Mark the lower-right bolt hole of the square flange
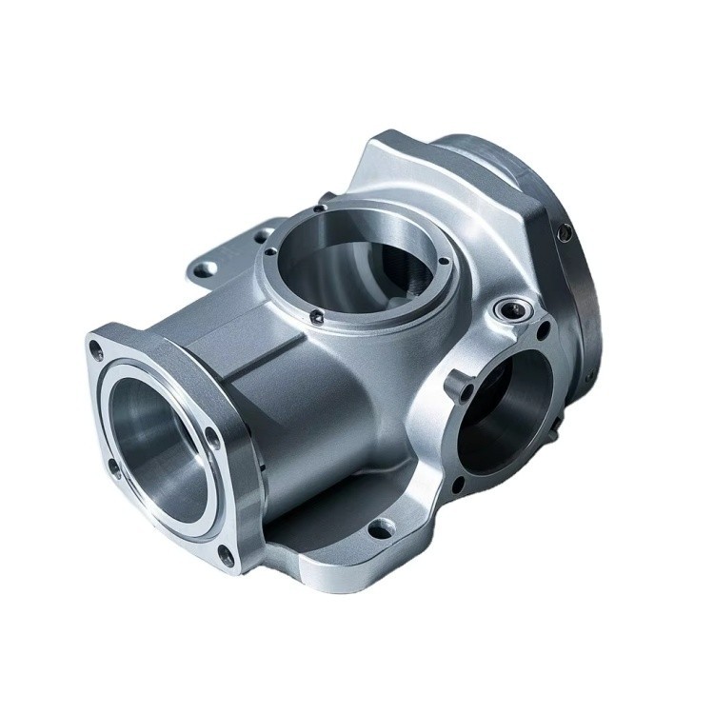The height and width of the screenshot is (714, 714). (226, 553)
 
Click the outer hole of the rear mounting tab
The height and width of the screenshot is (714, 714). (202, 269)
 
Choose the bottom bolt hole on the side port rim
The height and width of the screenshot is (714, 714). (458, 486)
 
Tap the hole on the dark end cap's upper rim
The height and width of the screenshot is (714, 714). (565, 231)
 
